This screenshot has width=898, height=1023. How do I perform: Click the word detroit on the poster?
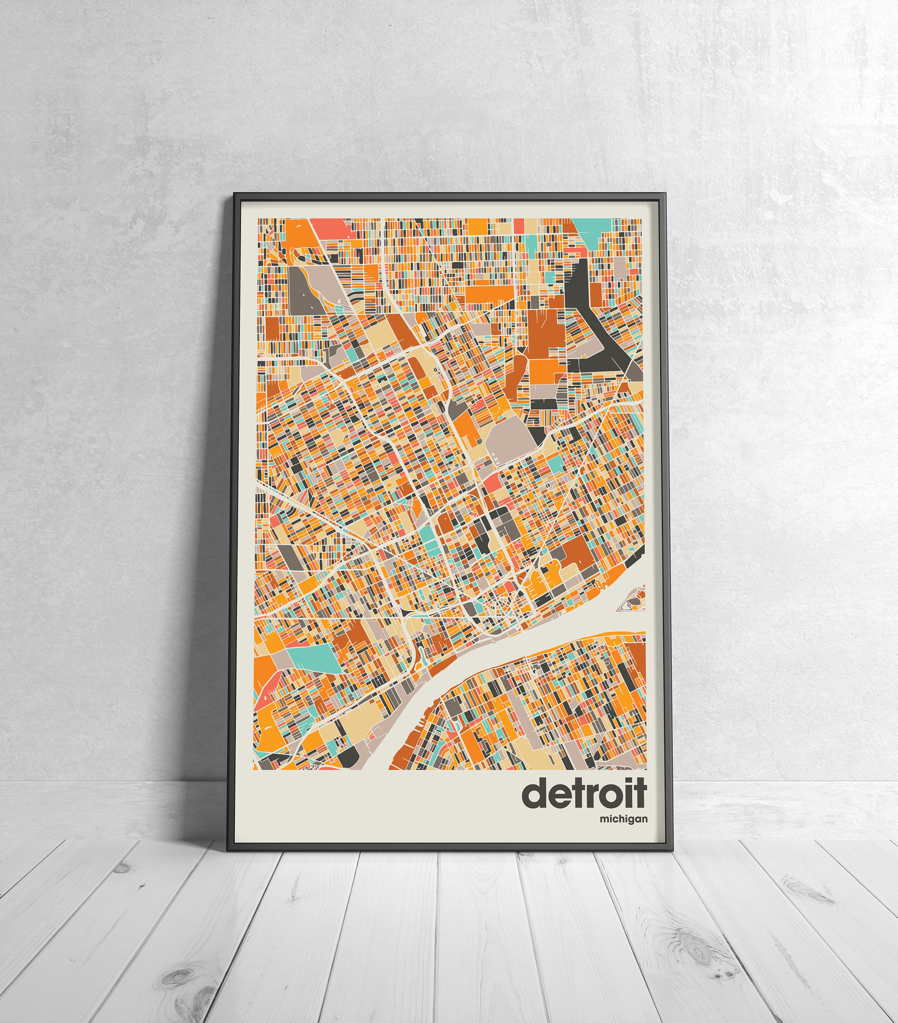tap(584, 792)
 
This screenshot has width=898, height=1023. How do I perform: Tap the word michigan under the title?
tap(624, 819)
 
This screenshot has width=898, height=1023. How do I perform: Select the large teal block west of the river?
tap(311, 656)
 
